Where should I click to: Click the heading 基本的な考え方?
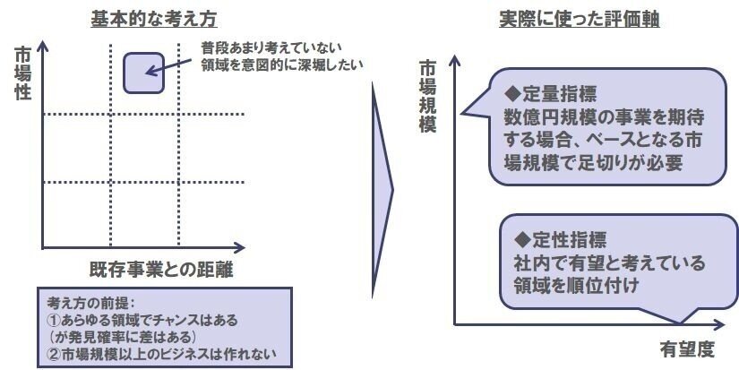[x=154, y=20]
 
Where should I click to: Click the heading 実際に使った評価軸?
[x=580, y=20]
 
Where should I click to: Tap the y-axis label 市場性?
[x=22, y=73]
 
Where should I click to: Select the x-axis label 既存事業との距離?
[x=161, y=270]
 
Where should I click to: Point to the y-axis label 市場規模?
[x=427, y=97]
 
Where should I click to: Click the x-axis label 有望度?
[x=687, y=349]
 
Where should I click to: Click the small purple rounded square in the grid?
[x=143, y=73]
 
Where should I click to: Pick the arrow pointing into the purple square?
[x=168, y=66]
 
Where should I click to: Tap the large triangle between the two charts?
[x=382, y=191]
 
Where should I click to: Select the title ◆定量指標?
[x=550, y=94]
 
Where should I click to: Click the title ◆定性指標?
[x=561, y=240]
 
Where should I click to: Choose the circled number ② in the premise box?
[x=55, y=354]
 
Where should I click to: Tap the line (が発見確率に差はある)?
[x=122, y=337]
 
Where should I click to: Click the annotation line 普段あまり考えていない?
[x=271, y=48]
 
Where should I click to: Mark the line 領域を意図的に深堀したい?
[x=282, y=65]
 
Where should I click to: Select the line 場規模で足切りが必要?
[x=593, y=163]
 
